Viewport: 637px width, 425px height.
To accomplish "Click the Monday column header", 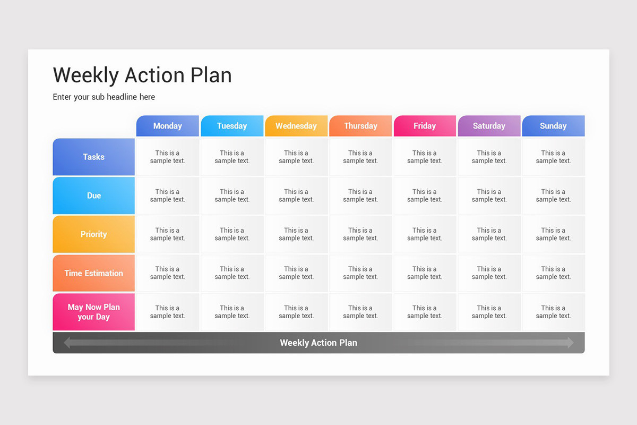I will [167, 126].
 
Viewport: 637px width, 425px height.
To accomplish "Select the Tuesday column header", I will [232, 126].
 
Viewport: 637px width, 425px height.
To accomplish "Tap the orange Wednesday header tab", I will [296, 126].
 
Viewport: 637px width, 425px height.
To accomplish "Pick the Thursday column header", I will [360, 126].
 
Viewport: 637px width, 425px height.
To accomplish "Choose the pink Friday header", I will [425, 126].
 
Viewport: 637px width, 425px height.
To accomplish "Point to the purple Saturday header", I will [489, 126].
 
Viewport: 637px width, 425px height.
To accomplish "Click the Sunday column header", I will [553, 126].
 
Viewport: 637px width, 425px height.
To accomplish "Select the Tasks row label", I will [93, 157].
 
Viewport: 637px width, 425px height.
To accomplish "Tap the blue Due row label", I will [93, 195].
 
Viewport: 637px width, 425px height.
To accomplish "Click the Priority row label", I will [93, 234].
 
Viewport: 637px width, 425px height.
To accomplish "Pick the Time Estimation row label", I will [93, 273].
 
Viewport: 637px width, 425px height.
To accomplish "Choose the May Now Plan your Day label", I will [93, 312].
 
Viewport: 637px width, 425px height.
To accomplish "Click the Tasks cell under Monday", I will [167, 157].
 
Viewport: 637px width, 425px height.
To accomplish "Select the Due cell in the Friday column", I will [425, 195].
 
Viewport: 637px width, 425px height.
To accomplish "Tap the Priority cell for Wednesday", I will [296, 234].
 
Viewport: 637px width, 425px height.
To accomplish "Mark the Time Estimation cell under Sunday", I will [553, 273].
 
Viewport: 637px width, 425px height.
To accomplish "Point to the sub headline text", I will [104, 97].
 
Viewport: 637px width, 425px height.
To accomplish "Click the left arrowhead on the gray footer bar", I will [67, 343].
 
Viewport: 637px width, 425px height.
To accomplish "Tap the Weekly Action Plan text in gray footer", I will [318, 343].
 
